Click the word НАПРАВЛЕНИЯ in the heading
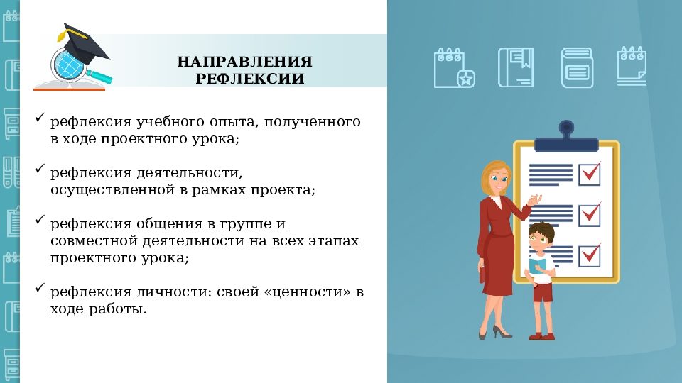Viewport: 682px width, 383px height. (x=244, y=61)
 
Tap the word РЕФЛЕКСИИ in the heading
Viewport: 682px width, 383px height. (x=250, y=79)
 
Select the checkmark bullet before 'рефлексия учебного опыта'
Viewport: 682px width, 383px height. (x=40, y=118)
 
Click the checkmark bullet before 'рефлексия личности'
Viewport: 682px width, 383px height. (x=40, y=288)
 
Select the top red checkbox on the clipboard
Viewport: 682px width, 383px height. (x=589, y=173)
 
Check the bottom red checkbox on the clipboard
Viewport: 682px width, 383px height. (x=589, y=255)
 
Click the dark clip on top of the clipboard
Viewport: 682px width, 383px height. (x=566, y=138)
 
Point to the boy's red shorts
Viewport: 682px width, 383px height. (x=543, y=292)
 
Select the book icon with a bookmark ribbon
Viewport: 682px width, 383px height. (x=515, y=67)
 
